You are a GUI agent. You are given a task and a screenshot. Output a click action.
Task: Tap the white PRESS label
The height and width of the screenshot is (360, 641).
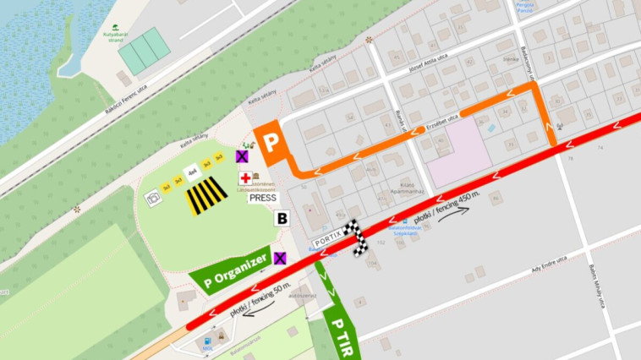click(263, 198)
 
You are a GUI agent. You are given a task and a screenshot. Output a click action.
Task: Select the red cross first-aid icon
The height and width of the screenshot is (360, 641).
click(244, 178)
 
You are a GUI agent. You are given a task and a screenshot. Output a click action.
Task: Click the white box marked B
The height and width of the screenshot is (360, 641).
click(282, 218)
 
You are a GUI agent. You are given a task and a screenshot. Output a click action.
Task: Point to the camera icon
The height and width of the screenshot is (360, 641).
click(153, 198)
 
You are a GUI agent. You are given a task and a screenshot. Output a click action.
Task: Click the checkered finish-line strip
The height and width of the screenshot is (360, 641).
click(359, 238)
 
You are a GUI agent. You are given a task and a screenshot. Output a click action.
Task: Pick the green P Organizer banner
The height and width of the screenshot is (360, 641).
click(230, 270)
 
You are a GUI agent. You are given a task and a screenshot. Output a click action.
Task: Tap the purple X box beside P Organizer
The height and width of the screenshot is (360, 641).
click(279, 258)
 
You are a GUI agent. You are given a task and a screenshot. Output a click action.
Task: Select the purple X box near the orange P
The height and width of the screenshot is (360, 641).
click(242, 156)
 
